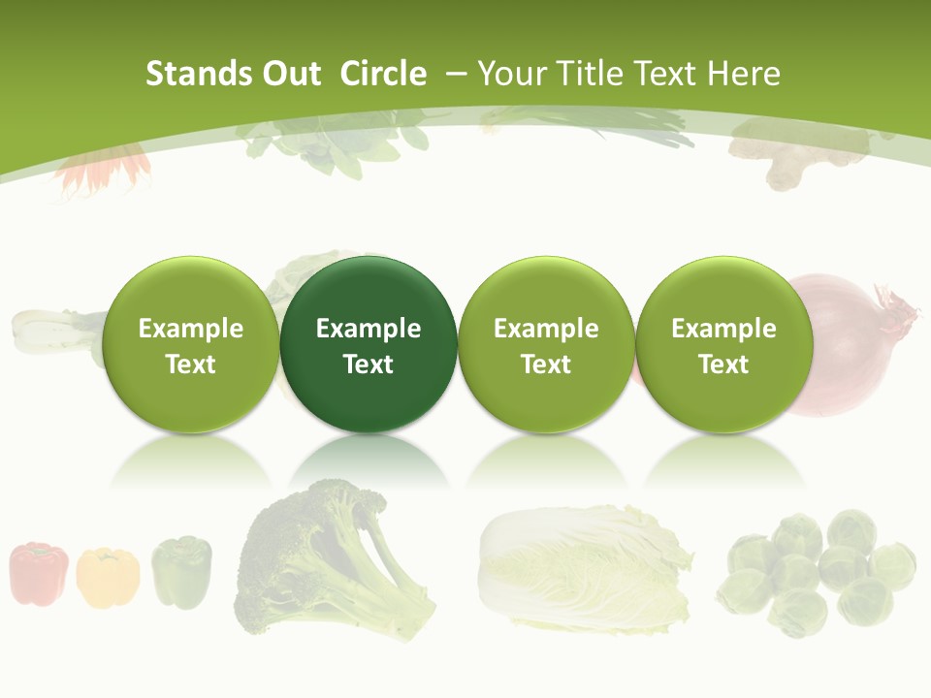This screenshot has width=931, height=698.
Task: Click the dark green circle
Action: coord(369,344)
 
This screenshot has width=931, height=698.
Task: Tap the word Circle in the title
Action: coord(383,74)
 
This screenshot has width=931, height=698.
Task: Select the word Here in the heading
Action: coord(744,74)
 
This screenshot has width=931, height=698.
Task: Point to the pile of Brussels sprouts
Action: coord(820,572)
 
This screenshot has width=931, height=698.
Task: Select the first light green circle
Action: coord(191,344)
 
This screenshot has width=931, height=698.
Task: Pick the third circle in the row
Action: coord(546,344)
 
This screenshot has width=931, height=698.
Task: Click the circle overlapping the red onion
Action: coord(723,344)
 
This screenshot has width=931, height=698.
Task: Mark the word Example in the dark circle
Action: coord(369,329)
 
